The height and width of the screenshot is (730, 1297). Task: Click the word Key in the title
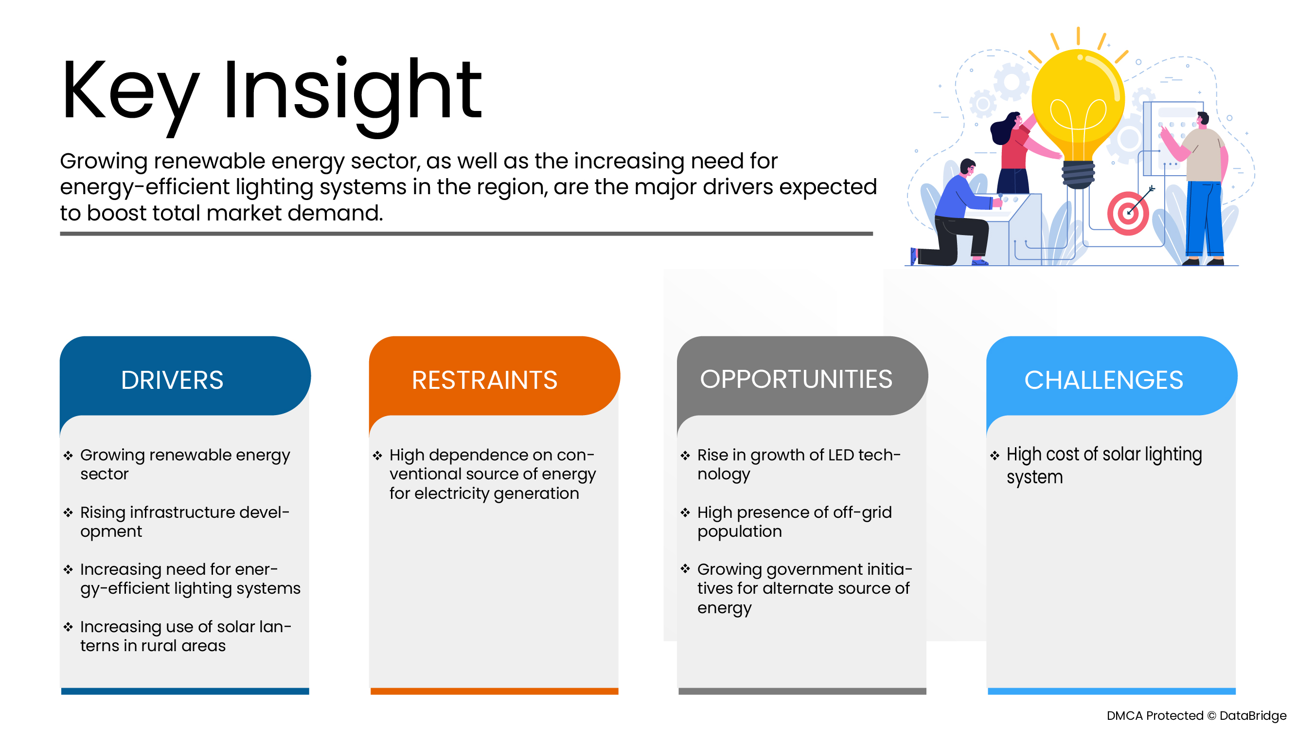click(x=130, y=91)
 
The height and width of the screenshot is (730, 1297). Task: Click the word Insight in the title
click(x=353, y=91)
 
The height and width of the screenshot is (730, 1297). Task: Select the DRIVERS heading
click(x=172, y=380)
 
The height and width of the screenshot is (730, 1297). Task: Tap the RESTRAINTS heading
click(x=484, y=380)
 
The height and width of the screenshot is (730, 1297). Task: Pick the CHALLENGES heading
click(x=1103, y=380)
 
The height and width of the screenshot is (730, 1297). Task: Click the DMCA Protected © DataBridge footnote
click(x=1196, y=715)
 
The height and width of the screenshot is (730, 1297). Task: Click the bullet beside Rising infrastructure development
click(x=69, y=513)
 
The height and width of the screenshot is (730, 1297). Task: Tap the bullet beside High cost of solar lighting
click(x=995, y=456)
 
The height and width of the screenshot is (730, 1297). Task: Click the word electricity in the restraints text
click(x=452, y=493)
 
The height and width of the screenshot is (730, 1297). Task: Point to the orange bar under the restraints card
click(x=494, y=691)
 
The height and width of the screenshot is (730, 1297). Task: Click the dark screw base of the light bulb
click(x=1078, y=174)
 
